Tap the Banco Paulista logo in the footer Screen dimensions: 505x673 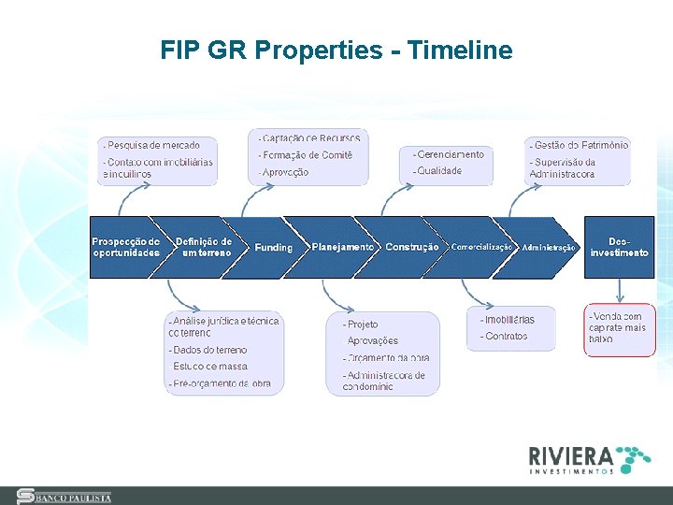pos(65,497)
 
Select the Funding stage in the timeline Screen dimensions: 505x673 pos(273,248)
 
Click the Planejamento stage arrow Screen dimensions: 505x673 pos(342,247)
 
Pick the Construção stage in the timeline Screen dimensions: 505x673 pos(411,247)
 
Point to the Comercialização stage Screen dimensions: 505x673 pos(480,247)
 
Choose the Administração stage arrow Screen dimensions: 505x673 pos(549,248)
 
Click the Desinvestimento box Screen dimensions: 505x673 pos(619,247)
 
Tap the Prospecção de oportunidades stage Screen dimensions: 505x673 pos(125,247)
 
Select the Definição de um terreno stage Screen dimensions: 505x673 pos(204,247)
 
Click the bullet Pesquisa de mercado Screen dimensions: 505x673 pos(153,145)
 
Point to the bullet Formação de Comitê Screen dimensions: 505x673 pos(308,155)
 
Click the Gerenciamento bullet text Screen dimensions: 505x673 pos(451,154)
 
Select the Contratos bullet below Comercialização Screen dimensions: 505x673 pos(506,337)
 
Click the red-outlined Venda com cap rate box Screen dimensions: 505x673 pos(620,328)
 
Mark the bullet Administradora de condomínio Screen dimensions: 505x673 pos(383,381)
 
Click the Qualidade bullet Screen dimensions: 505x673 pos(439,171)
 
